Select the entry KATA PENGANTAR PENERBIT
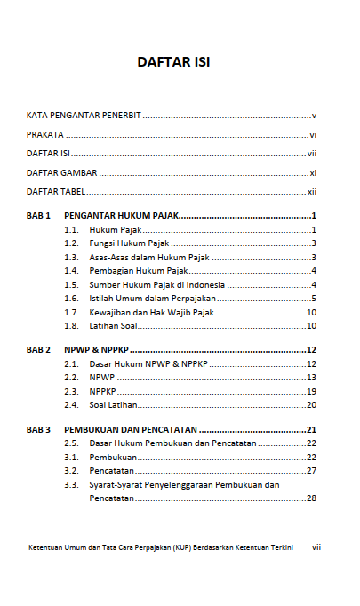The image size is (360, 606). click(84, 116)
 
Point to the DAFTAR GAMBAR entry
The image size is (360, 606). click(61, 172)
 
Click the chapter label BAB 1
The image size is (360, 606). click(38, 216)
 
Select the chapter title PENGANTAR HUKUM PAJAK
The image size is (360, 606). click(122, 216)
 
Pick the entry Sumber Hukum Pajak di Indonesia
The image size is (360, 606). click(156, 284)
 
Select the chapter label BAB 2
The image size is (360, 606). click(38, 350)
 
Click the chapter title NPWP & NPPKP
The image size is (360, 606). click(96, 350)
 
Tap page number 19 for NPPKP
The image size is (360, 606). click(311, 391)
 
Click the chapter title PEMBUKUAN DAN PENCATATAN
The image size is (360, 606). click(131, 430)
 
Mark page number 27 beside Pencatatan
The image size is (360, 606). click(311, 471)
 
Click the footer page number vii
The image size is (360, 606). click(316, 547)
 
